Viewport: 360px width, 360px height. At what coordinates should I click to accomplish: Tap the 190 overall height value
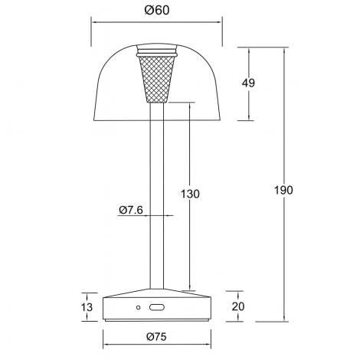pos(283,189)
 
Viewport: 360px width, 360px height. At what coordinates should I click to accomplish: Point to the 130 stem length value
pos(191,195)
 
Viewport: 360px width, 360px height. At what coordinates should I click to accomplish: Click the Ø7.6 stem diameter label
pos(131,209)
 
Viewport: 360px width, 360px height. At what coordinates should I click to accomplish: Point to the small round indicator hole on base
pos(139,308)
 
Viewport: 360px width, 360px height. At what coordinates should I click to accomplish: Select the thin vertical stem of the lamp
pos(157,191)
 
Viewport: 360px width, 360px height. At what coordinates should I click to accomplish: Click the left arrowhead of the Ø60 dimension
pos(95,23)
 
